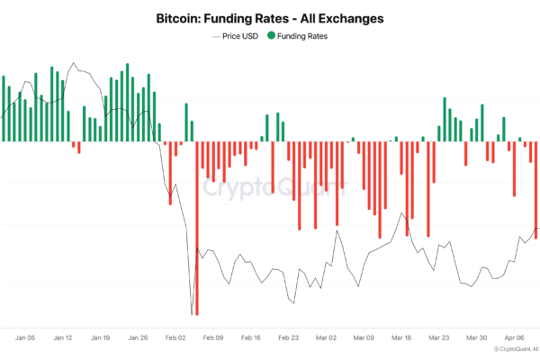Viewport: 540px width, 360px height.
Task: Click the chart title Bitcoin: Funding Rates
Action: coord(270,18)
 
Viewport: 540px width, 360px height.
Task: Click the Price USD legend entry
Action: coord(238,36)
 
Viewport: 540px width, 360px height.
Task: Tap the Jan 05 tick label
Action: coord(25,338)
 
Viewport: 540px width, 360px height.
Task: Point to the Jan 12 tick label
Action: coord(63,338)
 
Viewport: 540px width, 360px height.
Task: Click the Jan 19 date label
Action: coord(101,338)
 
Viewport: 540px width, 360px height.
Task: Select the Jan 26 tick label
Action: coord(139,338)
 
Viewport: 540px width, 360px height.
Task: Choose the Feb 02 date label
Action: coord(175,338)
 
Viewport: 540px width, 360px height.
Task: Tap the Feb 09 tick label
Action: coord(213,338)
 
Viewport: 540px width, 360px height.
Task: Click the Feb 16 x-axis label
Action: coord(251,338)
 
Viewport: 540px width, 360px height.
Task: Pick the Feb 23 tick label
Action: coord(289,338)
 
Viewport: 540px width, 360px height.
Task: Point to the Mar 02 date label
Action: coord(326,338)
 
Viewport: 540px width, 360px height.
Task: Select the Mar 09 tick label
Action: coord(364,338)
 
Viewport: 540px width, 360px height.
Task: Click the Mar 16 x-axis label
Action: coord(401,338)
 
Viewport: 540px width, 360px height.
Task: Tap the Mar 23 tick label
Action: coord(439,338)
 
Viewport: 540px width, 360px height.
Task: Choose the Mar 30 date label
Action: coord(477,338)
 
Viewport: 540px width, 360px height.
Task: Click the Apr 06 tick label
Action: coord(514,338)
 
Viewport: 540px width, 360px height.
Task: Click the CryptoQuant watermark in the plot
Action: coord(274,188)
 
